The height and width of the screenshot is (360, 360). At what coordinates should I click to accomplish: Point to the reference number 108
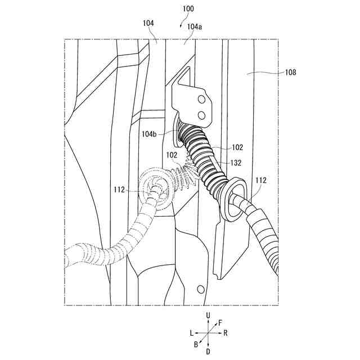pos(290,72)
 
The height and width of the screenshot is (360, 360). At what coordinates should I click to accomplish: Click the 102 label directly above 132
pos(237,147)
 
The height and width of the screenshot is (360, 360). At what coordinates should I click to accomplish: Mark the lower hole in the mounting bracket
pos(201,115)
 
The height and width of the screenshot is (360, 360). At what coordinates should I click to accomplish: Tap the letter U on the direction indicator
pos(209,317)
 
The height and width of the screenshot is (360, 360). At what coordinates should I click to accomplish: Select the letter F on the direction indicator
pos(220,322)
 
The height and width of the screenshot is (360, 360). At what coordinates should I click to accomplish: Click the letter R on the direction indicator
pos(225,333)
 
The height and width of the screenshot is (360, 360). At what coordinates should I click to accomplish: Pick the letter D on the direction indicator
pos(209,352)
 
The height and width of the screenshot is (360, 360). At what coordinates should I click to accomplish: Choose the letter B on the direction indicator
pos(196,344)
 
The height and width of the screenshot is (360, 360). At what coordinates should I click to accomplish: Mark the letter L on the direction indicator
pos(191,333)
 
